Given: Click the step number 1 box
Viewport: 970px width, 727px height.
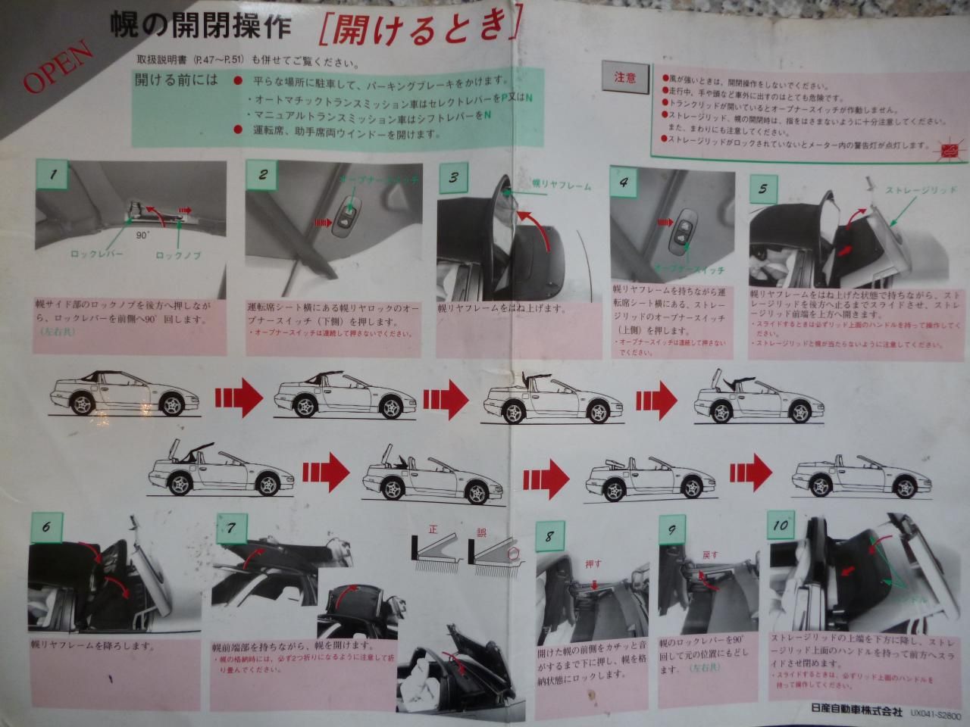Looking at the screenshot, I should (x=53, y=176).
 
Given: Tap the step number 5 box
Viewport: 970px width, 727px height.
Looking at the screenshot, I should (x=763, y=189).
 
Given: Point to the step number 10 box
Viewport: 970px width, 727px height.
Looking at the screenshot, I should (x=781, y=526).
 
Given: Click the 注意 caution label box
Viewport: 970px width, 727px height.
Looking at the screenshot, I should (x=624, y=76).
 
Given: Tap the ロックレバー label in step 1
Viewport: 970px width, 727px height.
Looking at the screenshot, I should (x=96, y=255).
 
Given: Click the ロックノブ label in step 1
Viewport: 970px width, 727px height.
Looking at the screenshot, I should (x=178, y=255).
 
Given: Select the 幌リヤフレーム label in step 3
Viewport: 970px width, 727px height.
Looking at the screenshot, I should (x=561, y=185).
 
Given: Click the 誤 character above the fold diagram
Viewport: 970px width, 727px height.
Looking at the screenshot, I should (x=482, y=532).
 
